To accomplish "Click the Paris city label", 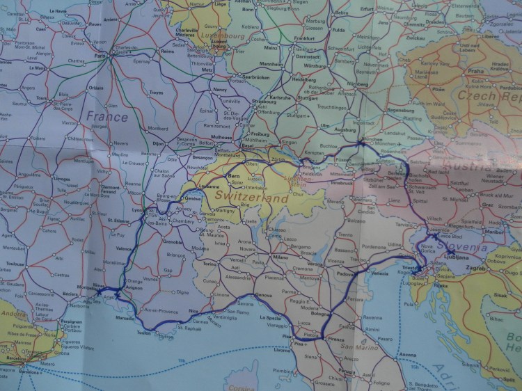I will pos(100,56).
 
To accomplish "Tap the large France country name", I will pos(107,116).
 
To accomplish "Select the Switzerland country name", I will pos(251,199).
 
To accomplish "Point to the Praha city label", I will pos(476,71).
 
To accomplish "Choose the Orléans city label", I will pos(95,88).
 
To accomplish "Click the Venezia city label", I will pos(379,273).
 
